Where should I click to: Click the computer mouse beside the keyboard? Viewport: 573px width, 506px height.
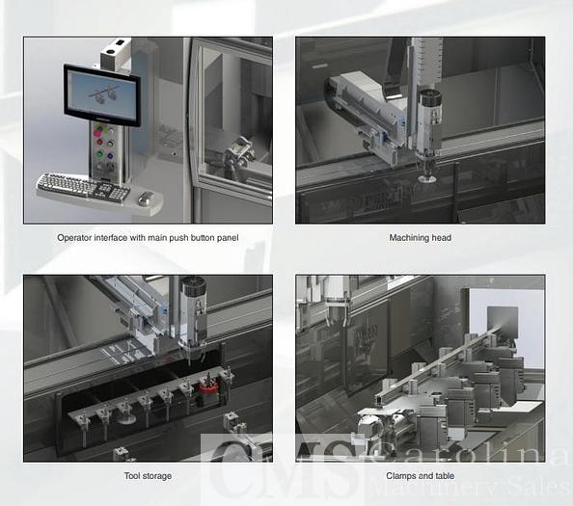[145, 199]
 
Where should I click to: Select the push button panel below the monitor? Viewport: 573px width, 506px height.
[104, 149]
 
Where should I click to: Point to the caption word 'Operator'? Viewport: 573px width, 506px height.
[77, 238]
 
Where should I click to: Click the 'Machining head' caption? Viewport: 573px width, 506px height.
[420, 238]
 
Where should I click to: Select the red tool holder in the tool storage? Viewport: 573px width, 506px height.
[204, 388]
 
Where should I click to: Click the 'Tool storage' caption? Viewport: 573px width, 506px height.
[147, 475]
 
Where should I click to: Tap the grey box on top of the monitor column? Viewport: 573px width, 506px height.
[114, 49]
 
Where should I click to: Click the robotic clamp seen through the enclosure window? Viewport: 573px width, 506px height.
[238, 152]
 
